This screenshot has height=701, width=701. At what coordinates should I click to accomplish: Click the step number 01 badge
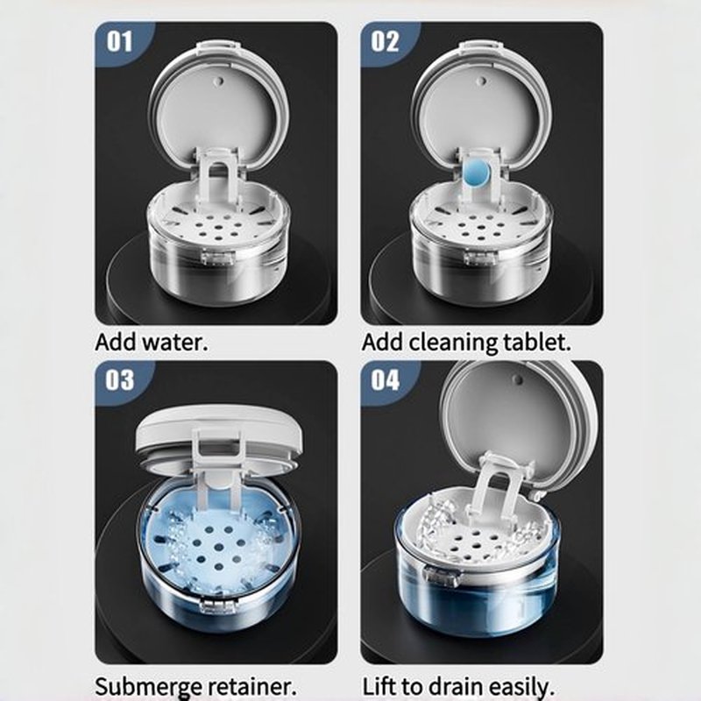(119, 41)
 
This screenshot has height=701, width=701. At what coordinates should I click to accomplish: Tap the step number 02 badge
(385, 41)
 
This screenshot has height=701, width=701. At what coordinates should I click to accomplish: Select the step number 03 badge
(119, 380)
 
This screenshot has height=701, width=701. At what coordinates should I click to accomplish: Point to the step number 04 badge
(385, 380)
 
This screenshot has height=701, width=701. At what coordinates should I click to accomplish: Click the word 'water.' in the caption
(174, 343)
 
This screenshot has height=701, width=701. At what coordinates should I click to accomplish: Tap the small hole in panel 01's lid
(219, 81)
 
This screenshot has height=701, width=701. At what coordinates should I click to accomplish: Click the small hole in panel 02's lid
(481, 81)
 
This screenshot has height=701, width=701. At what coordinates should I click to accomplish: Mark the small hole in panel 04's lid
(518, 380)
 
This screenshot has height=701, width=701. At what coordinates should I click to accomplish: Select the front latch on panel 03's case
(217, 606)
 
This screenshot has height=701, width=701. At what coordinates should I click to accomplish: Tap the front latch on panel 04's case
(441, 576)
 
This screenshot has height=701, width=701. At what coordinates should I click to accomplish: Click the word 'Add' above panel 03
(117, 343)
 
